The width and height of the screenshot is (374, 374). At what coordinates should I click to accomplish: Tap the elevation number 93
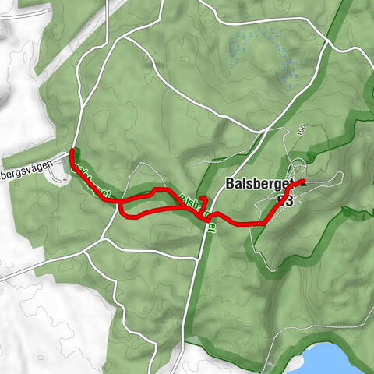tap(285, 200)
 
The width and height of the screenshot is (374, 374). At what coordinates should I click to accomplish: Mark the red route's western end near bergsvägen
tap(72, 150)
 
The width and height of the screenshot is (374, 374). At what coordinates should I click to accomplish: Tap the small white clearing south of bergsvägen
tap(58, 177)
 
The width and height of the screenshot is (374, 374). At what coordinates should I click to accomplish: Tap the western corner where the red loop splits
tap(121, 204)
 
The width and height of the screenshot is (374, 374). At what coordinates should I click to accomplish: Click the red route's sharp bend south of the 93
tap(265, 223)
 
